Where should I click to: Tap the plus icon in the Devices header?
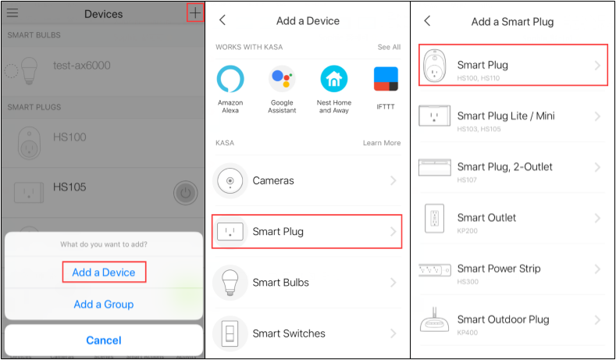195,13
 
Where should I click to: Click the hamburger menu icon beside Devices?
12,13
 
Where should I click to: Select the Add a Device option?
104,273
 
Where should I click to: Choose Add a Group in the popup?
104,304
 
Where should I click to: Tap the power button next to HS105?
185,191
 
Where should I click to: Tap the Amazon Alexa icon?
230,80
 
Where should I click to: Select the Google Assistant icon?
282,80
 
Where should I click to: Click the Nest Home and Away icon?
334,80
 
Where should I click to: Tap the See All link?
389,48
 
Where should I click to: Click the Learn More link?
381,143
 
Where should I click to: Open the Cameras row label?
273,180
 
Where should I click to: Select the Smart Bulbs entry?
280,283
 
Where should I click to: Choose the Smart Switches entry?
288,333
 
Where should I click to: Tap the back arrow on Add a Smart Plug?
427,21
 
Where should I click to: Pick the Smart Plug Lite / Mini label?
506,116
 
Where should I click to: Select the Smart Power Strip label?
498,269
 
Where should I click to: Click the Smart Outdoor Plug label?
503,319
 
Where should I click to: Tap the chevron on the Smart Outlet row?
597,218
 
